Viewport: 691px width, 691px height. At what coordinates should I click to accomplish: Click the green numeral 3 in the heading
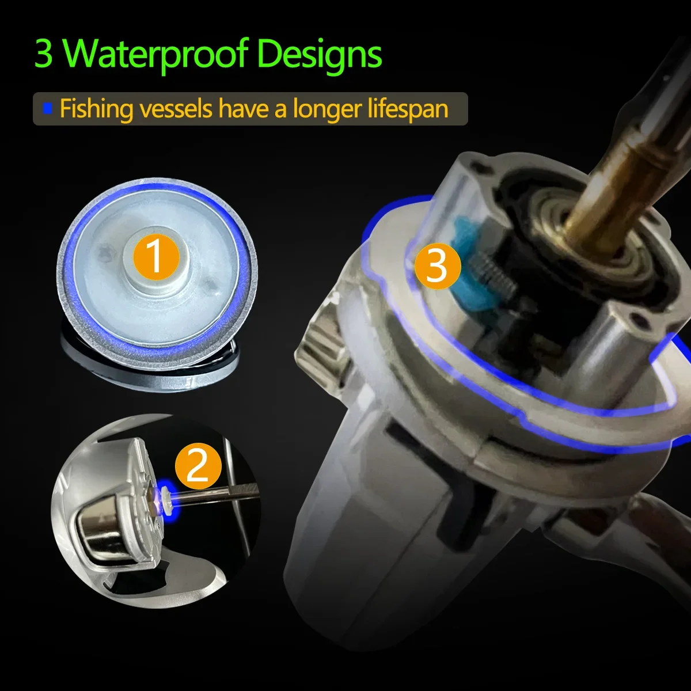point(44,54)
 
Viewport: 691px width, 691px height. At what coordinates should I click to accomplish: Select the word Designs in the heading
point(319,54)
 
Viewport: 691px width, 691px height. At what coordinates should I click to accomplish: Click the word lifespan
point(408,109)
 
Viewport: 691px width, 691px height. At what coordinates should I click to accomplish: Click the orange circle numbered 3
point(438,266)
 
